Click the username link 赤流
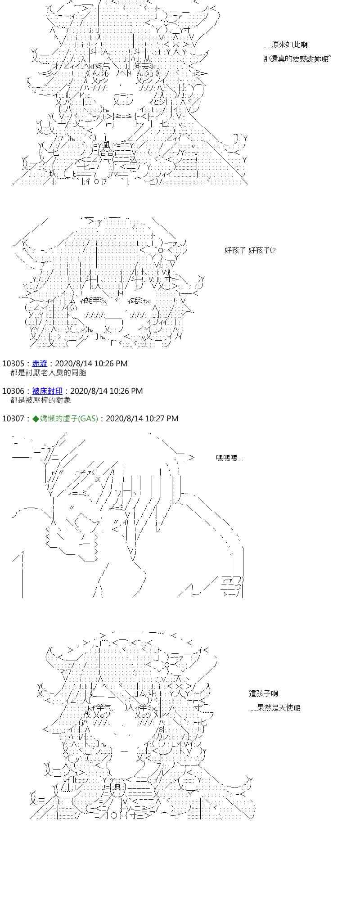point(40,364)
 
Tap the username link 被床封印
point(47,391)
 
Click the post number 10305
point(13,364)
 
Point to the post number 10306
point(13,391)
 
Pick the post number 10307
point(13,418)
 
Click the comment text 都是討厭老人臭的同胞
point(48,373)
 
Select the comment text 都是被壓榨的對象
point(40,400)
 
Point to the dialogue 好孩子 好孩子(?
point(250,250)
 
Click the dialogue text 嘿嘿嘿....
point(229,458)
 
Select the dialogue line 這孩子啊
point(263,693)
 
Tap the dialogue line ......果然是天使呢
point(274,708)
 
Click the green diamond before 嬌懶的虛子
point(36,418)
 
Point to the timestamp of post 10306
point(107,391)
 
